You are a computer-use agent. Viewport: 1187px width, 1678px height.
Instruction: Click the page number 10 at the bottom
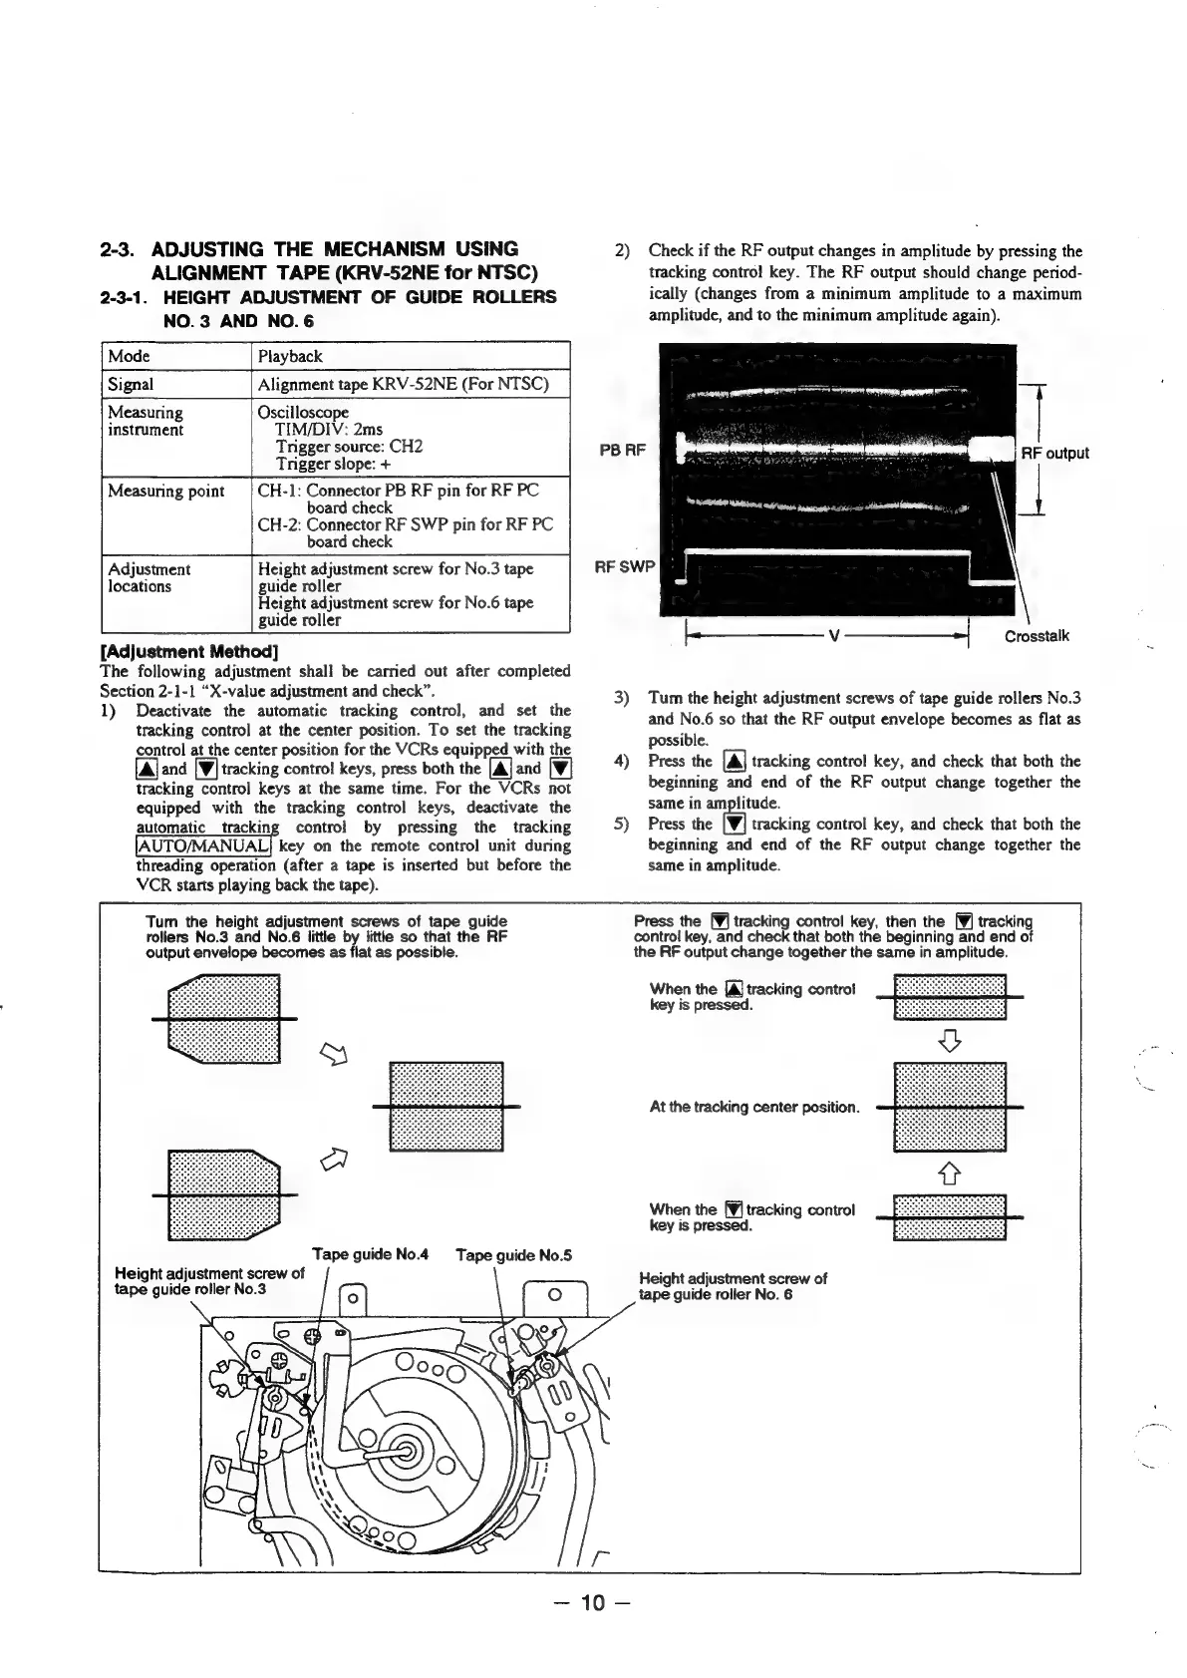[592, 1603]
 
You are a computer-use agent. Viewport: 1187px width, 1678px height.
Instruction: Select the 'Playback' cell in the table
[290, 356]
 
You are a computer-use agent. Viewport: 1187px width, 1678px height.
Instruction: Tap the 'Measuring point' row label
[165, 491]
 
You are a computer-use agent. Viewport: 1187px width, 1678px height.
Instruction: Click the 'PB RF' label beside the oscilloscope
[623, 451]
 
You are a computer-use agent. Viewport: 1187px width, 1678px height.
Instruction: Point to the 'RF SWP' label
[624, 567]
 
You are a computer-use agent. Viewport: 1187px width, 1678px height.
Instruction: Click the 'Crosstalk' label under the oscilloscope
[1037, 636]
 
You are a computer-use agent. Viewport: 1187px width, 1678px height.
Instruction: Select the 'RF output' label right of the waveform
[1054, 453]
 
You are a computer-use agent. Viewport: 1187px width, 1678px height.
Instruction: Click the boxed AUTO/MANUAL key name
[202, 846]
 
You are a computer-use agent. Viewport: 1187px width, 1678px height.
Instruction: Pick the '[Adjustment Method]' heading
[177, 651]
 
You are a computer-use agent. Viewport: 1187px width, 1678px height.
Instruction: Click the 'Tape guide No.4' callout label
[370, 1254]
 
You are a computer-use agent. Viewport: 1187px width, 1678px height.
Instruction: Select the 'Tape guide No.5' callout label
[513, 1255]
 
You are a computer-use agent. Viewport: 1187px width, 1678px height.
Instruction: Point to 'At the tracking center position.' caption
[753, 1107]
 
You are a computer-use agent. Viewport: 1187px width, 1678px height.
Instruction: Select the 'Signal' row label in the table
[131, 384]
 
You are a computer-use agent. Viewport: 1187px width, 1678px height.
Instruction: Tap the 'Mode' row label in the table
[129, 356]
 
